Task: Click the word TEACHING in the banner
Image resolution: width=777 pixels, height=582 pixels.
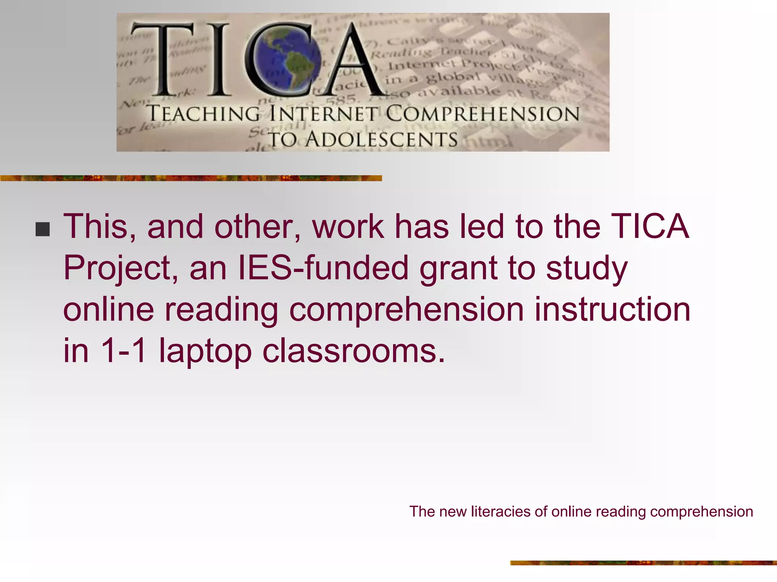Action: pyautogui.click(x=203, y=114)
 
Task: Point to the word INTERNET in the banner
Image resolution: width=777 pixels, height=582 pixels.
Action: pyautogui.click(x=324, y=114)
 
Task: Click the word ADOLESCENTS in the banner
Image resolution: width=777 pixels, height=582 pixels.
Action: pyautogui.click(x=382, y=139)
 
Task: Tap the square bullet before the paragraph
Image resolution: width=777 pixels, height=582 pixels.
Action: pyautogui.click(x=42, y=229)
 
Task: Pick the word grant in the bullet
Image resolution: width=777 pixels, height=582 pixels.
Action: pyautogui.click(x=458, y=268)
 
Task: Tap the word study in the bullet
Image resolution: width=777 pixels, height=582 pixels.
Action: pyautogui.click(x=587, y=268)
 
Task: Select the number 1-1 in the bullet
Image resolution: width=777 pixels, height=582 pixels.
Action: pyautogui.click(x=123, y=350)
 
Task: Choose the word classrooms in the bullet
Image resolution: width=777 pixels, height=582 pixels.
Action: pyautogui.click(x=353, y=350)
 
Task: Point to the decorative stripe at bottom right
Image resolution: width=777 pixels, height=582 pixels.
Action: pyautogui.click(x=643, y=563)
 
